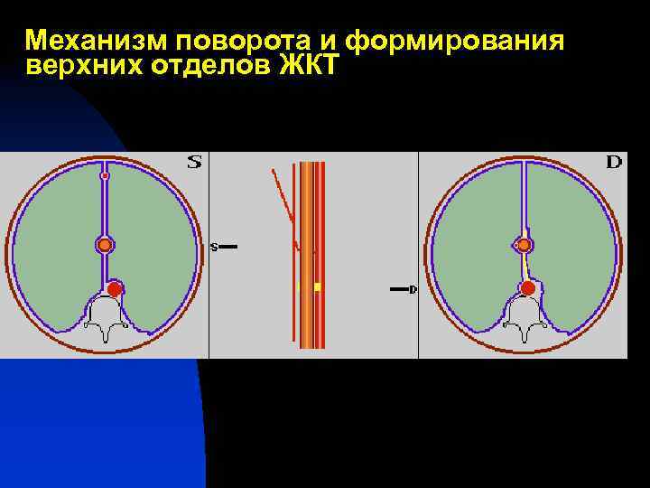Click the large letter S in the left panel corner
(x=194, y=163)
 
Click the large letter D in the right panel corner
(x=614, y=163)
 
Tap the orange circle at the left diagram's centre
(x=105, y=244)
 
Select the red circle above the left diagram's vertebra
(x=114, y=288)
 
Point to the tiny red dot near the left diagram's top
(x=105, y=175)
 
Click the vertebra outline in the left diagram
(x=107, y=321)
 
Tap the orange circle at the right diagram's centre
(x=524, y=244)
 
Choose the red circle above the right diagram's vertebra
(x=527, y=288)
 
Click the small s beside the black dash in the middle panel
(x=214, y=246)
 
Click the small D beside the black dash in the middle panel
(x=413, y=289)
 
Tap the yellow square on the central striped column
(x=317, y=287)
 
